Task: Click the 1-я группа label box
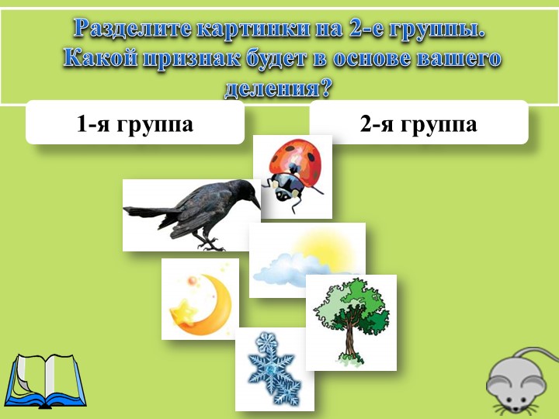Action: point(135,123)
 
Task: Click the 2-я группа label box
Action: point(418,123)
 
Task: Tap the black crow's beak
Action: point(255,202)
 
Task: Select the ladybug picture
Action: point(293,176)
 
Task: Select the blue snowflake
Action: point(274,369)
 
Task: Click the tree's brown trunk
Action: point(351,339)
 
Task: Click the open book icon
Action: point(45,382)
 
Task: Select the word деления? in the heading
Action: point(278,88)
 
